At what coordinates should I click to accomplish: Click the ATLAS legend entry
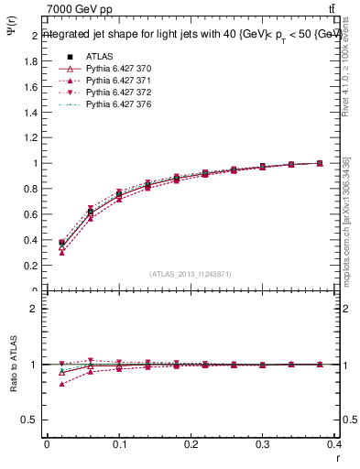pyautogui.click(x=100, y=57)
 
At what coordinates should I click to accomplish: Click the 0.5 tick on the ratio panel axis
pyautogui.click(x=27, y=420)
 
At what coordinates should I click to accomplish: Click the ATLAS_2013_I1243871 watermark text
pyautogui.click(x=190, y=274)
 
